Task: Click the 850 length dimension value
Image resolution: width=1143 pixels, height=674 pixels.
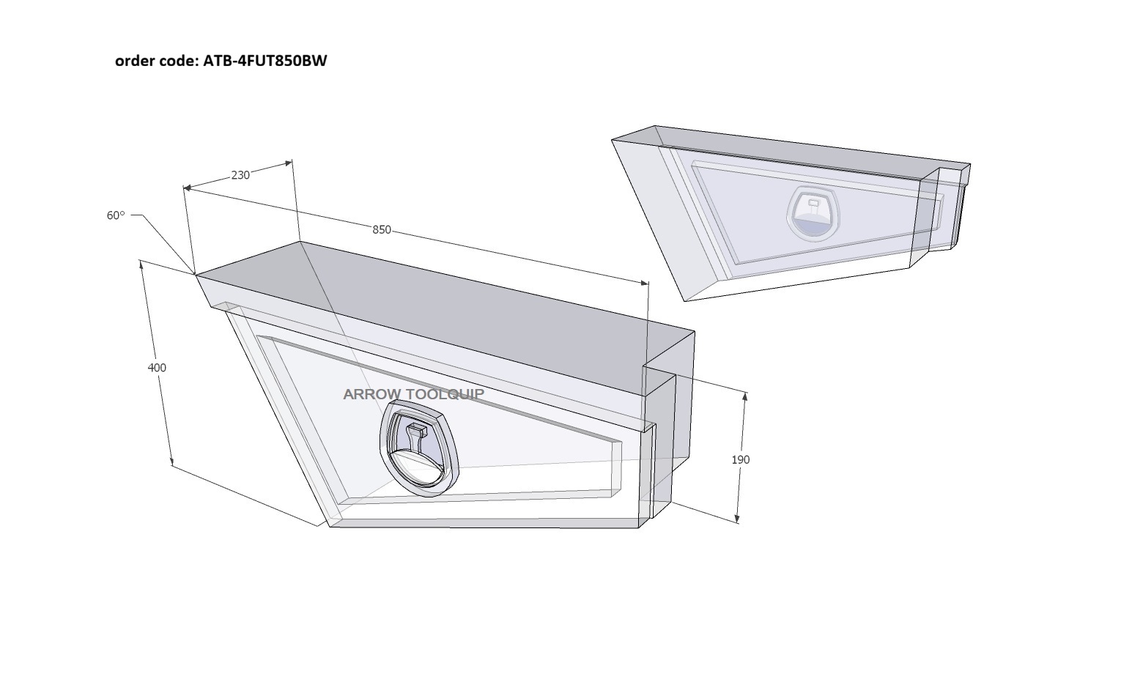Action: click(382, 230)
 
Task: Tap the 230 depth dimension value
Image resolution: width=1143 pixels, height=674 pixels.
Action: click(240, 176)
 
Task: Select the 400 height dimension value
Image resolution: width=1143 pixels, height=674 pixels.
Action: click(157, 368)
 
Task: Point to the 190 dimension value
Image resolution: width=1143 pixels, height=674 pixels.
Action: click(741, 459)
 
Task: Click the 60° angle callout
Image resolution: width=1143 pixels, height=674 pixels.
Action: click(115, 216)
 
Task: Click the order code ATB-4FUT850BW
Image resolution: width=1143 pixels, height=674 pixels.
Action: click(265, 61)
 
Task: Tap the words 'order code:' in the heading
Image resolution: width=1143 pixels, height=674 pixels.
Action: click(157, 61)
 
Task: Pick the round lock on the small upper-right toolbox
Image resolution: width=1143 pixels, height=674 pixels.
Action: click(813, 212)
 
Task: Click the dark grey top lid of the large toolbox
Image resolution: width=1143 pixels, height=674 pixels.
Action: click(444, 306)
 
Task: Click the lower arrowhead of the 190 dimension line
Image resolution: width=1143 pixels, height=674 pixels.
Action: click(737, 519)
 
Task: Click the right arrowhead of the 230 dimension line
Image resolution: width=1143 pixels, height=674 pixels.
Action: click(289, 163)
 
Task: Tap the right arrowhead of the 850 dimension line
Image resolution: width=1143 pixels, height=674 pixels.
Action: click(645, 282)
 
